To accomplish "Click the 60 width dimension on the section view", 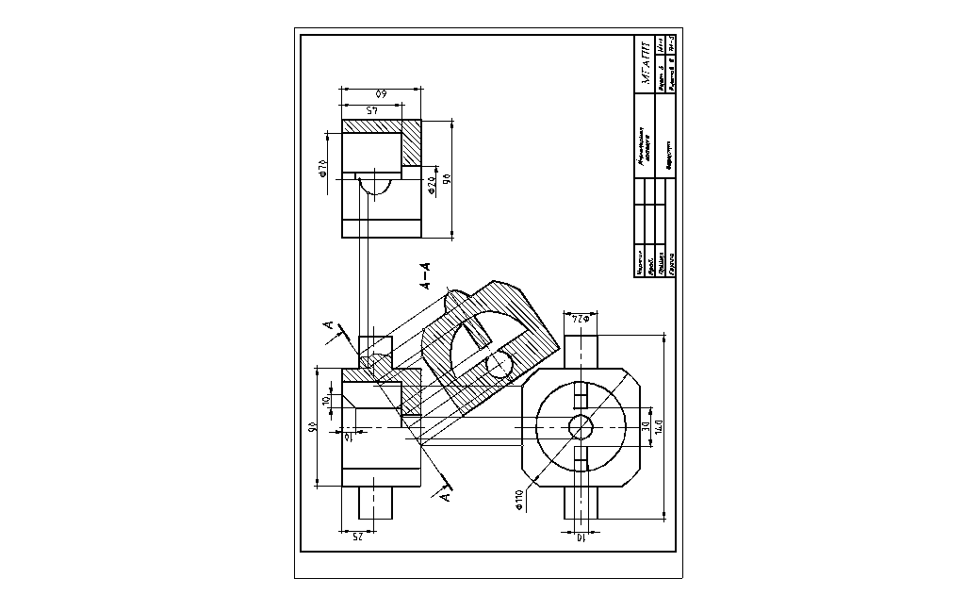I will (x=381, y=94).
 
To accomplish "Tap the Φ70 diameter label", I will (x=322, y=168).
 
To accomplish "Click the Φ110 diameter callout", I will (x=519, y=499).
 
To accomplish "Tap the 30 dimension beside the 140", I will (x=645, y=427).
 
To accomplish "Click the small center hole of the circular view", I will (x=581, y=427).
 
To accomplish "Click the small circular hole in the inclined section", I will (x=499, y=362).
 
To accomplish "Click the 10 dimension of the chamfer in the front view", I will (x=326, y=401).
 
